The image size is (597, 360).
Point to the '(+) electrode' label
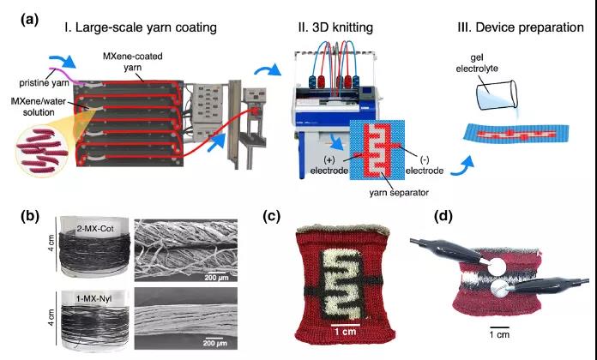click(335, 164)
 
